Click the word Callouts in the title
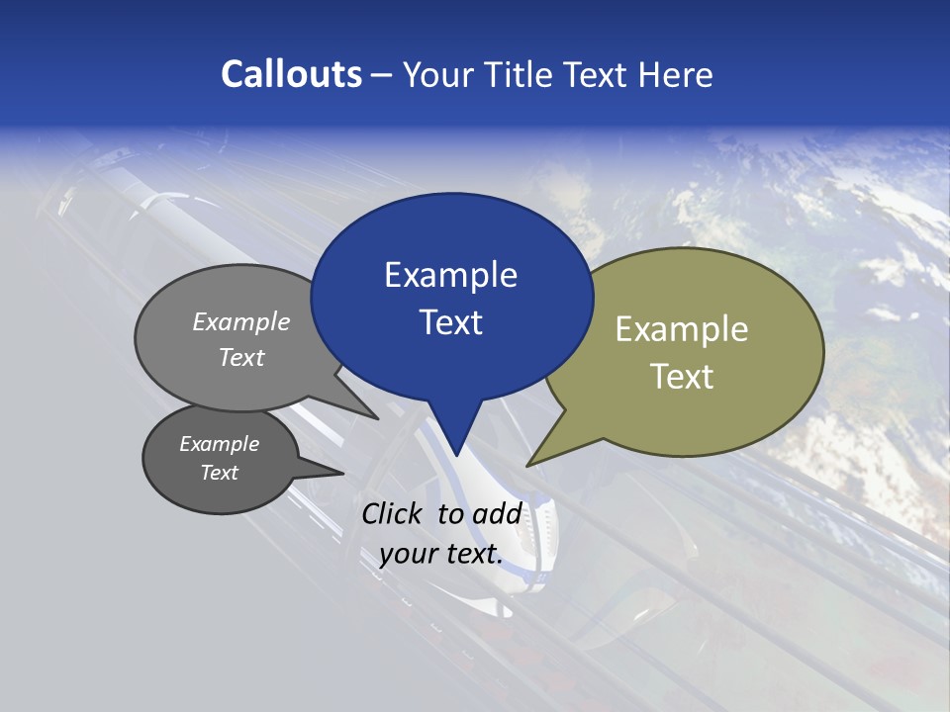[291, 74]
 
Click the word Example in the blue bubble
[450, 275]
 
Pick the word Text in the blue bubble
[450, 322]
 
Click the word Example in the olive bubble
[682, 329]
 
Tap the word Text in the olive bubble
[682, 377]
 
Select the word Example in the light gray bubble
[241, 322]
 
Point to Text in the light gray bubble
[241, 358]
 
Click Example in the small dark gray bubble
[220, 444]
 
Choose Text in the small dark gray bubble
[220, 473]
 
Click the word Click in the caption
[393, 513]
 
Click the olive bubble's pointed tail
[529, 464]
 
